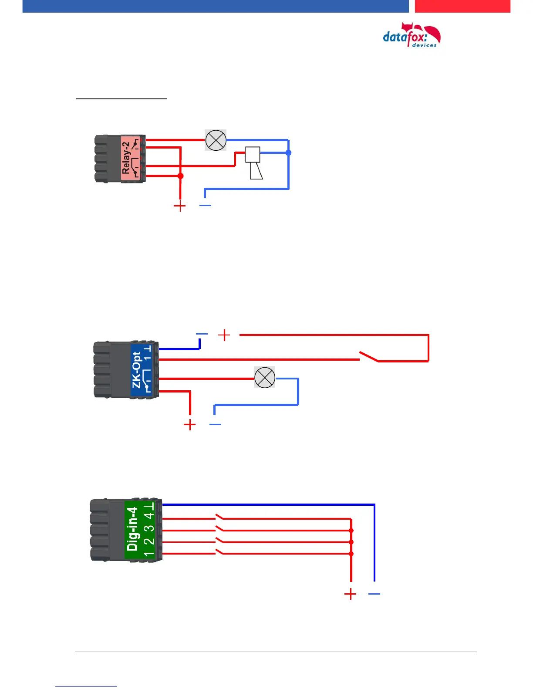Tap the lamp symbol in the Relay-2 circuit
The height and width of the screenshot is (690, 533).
coord(216,140)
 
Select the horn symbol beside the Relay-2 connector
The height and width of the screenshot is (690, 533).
coord(254,163)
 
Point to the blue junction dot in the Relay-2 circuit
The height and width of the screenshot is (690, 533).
coord(288,152)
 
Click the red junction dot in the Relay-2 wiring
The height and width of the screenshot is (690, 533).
coord(180,176)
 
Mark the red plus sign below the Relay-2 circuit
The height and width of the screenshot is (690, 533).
coord(179,206)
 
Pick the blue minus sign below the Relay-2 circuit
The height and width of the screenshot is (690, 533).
coord(205,205)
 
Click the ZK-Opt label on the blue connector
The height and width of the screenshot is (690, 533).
coord(136,370)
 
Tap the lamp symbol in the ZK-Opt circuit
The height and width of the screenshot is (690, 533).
coord(264,377)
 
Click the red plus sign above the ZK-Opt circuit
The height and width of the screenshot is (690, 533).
coord(224,335)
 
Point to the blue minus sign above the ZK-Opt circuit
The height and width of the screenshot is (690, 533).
coord(202,334)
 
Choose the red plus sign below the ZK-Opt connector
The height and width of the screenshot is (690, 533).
coord(190,425)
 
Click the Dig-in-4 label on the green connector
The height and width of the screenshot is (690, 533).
coord(132,529)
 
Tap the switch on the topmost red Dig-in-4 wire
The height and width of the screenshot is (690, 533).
coord(220,517)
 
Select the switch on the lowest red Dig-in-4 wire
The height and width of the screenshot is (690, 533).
coord(220,552)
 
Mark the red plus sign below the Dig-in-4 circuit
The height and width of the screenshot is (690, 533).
coord(350,594)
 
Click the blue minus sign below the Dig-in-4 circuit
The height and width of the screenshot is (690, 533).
coord(374,594)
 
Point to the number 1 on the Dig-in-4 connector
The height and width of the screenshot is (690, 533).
coord(149,554)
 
